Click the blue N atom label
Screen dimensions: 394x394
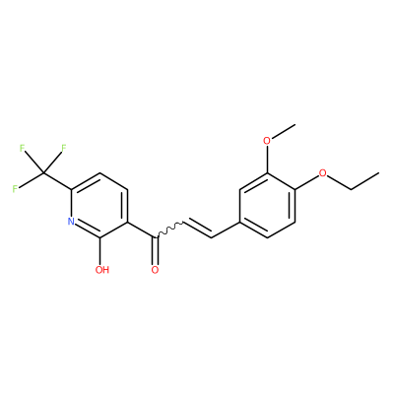coord(71,221)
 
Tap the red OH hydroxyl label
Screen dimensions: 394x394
coord(101,270)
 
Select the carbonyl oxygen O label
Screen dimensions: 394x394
coord(155,270)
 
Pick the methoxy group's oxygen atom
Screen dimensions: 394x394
coord(268,141)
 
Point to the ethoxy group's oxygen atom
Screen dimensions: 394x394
coord(323,172)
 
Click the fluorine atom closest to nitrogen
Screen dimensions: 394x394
coord(15,189)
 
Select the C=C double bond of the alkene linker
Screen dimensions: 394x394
coord(197,230)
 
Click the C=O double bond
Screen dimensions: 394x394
coord(155,250)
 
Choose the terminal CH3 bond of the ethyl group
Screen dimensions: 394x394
coord(365,180)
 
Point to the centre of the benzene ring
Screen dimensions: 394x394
coord(268,205)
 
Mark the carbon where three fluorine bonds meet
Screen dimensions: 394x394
coord(43,173)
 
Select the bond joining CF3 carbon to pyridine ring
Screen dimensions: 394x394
coord(57,181)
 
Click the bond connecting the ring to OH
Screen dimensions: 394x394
coord(99,250)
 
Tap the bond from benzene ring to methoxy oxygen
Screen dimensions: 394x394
coord(268,160)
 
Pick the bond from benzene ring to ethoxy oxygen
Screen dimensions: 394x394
coord(307,182)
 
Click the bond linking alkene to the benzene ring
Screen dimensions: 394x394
coord(226,230)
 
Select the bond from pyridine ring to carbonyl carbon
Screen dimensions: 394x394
coord(141,230)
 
